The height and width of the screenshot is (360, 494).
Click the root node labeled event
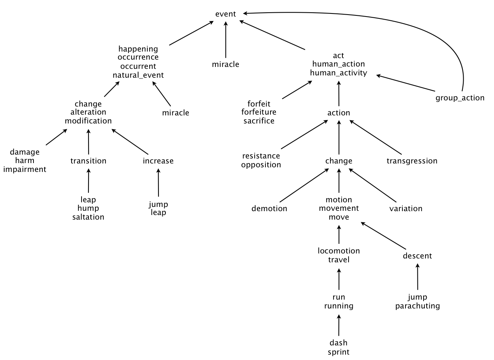click(225, 14)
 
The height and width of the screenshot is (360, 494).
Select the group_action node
click(460, 98)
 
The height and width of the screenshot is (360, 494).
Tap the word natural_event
click(138, 75)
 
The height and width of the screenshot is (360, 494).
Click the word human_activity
click(339, 73)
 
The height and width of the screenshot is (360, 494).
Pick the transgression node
click(412, 161)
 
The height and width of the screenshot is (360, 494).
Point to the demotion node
click(269, 208)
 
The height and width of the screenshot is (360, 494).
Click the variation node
click(406, 208)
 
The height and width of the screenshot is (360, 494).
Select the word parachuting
click(417, 306)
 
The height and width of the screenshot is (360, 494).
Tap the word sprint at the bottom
click(339, 352)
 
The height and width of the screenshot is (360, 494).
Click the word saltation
click(88, 217)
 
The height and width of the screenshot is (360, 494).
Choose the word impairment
click(25, 169)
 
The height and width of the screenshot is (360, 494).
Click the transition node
click(88, 161)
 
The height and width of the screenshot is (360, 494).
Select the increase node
click(158, 161)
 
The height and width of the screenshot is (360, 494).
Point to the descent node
click(417, 256)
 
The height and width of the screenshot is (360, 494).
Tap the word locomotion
click(339, 251)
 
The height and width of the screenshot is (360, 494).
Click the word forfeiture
click(259, 112)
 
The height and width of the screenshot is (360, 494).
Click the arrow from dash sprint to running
click(339, 325)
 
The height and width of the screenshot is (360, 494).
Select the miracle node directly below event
click(225, 64)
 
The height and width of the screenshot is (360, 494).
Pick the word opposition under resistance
click(261, 165)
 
